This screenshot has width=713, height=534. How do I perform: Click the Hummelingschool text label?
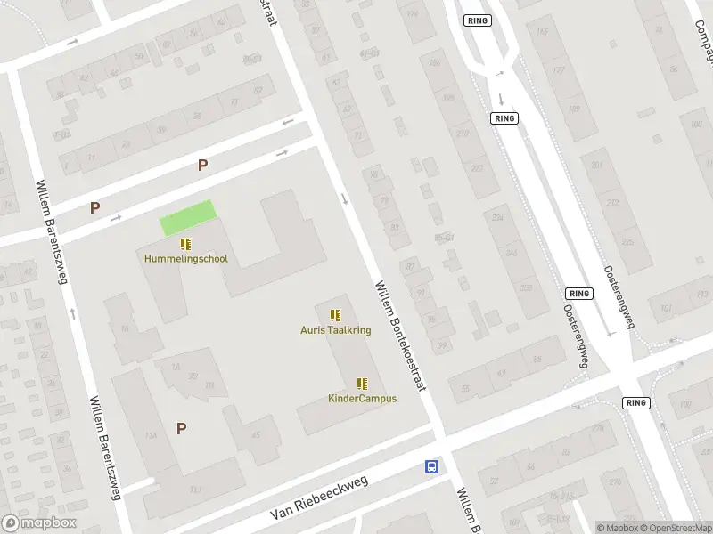pos(186,259)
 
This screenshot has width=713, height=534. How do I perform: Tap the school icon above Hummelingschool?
pos(185,244)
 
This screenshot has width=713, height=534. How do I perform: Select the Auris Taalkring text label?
pos(335,329)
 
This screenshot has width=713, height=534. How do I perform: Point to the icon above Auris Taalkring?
pos(335,314)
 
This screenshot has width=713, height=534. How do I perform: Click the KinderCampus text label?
pos(362,398)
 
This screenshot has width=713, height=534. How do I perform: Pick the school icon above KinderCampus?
pos(362,384)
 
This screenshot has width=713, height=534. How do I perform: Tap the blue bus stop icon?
pos(431,466)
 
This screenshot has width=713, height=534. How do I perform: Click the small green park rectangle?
pos(188,218)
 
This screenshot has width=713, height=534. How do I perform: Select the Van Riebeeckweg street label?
pos(320,499)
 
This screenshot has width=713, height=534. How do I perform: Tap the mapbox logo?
pos(38,523)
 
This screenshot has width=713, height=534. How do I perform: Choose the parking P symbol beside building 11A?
pos(181,428)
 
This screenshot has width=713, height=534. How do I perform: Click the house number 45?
pos(255,435)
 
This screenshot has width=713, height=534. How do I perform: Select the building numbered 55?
pos(464,387)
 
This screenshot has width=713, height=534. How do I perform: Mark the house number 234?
pos(497,218)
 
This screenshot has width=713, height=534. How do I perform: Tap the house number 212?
pos(612,202)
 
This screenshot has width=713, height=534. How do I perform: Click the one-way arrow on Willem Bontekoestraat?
pos(345,198)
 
